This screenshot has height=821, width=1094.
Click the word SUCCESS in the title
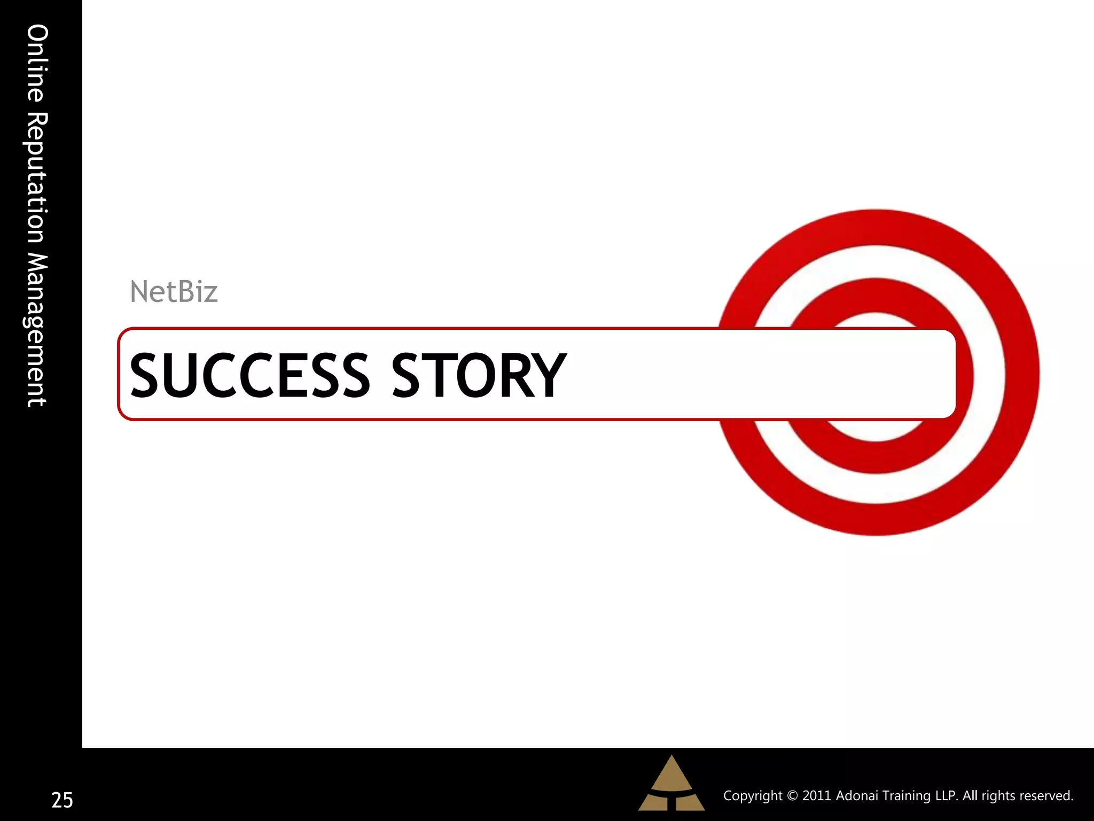(249, 376)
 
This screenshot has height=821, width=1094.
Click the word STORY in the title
(479, 376)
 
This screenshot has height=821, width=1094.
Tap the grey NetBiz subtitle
(174, 292)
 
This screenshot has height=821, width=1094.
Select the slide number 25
(62, 800)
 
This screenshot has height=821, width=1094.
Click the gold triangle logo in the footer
(671, 785)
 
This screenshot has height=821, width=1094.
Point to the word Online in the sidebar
(37, 63)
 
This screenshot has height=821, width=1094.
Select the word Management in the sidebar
(37, 330)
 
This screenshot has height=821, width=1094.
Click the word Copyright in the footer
(753, 796)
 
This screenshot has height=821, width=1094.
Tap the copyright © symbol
(792, 796)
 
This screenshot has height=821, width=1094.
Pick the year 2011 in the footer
(816, 796)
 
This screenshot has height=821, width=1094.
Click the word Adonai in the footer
(857, 796)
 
